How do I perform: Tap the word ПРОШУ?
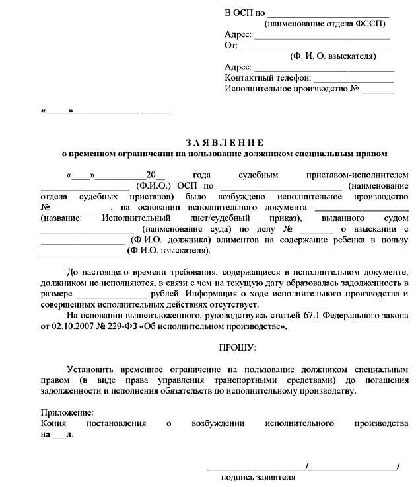pyautogui.click(x=236, y=347)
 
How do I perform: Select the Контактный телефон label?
pyautogui.click(x=264, y=77)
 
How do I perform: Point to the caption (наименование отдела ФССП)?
pyautogui.click(x=324, y=24)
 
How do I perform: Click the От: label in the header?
pyautogui.click(x=230, y=46)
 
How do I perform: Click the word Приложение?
pyautogui.click(x=63, y=411)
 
